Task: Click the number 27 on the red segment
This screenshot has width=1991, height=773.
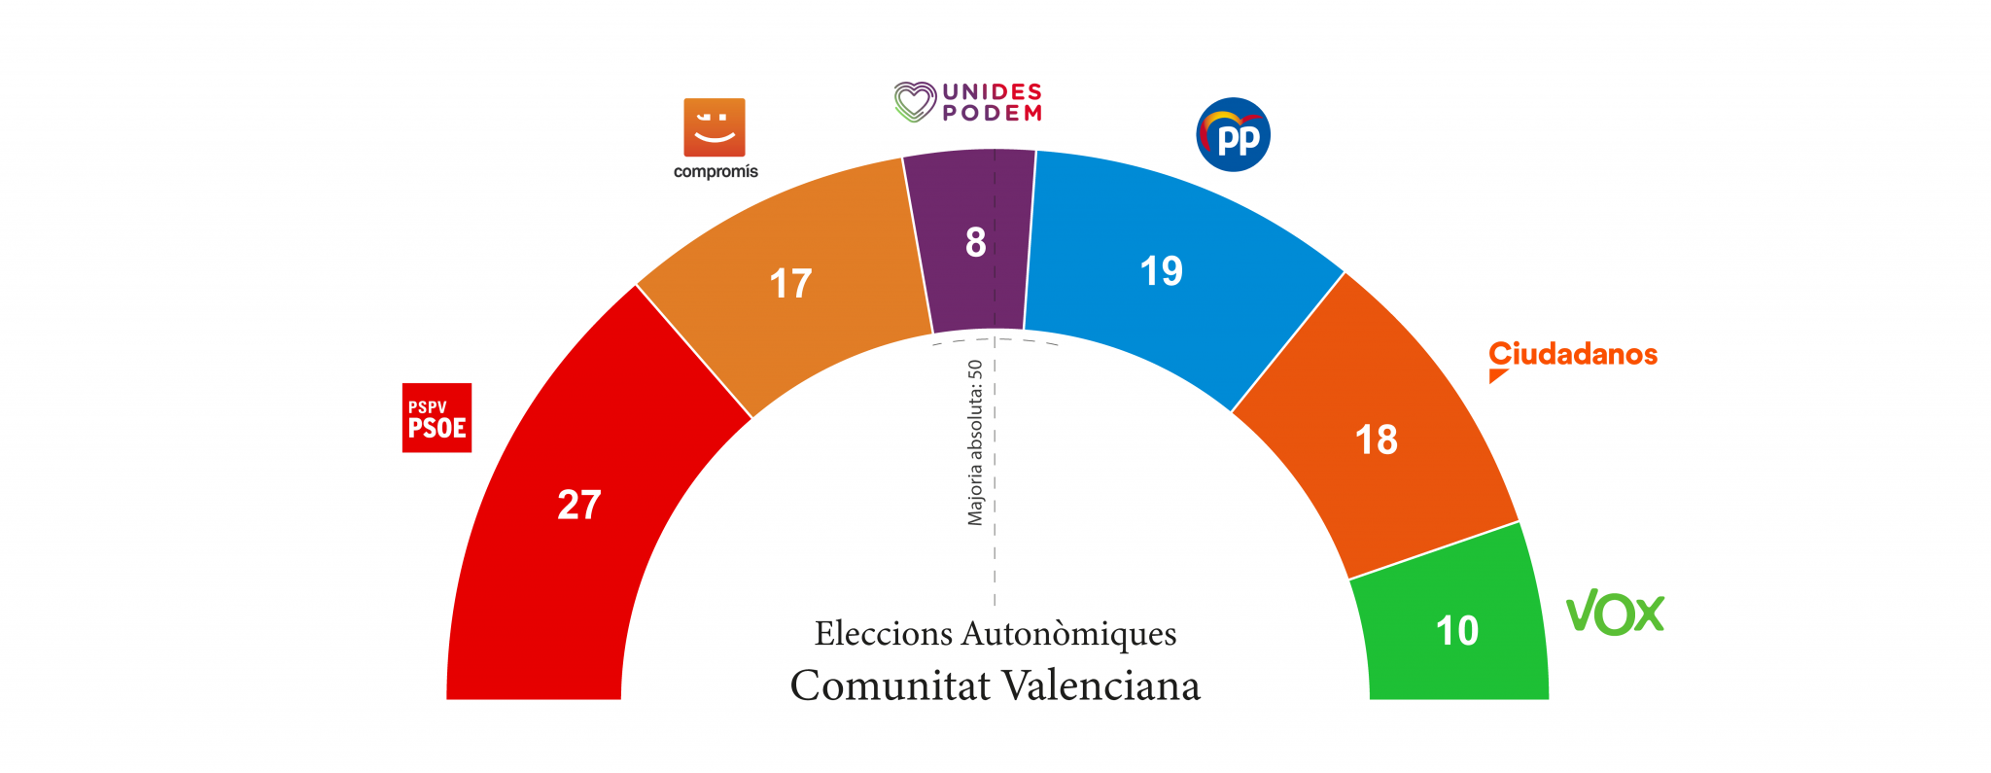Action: (x=579, y=506)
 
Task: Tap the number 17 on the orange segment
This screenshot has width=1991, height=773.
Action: (x=790, y=284)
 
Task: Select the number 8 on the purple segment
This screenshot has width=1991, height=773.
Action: (x=975, y=242)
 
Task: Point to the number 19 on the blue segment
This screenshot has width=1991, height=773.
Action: (x=1161, y=271)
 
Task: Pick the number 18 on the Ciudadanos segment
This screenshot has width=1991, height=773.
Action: (x=1376, y=440)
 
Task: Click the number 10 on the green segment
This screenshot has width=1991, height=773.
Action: (x=1456, y=631)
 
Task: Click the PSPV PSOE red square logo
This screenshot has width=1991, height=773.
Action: (x=437, y=418)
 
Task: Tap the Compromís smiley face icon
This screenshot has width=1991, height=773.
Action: (x=715, y=127)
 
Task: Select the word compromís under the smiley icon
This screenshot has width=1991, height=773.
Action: (x=716, y=172)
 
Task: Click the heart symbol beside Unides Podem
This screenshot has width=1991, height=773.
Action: (x=915, y=102)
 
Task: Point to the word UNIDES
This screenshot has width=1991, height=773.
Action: (x=992, y=91)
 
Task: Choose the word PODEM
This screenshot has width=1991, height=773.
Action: (x=992, y=114)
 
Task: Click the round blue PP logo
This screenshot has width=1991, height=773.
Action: (x=1233, y=135)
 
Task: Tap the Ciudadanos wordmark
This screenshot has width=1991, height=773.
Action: (x=1572, y=354)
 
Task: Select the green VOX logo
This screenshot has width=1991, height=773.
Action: (x=1615, y=613)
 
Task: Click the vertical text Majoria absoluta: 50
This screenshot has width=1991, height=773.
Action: (x=975, y=443)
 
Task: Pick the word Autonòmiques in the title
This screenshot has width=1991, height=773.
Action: (x=1068, y=634)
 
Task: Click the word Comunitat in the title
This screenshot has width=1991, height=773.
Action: (x=890, y=685)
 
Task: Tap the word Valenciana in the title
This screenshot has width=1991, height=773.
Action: (x=1101, y=685)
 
